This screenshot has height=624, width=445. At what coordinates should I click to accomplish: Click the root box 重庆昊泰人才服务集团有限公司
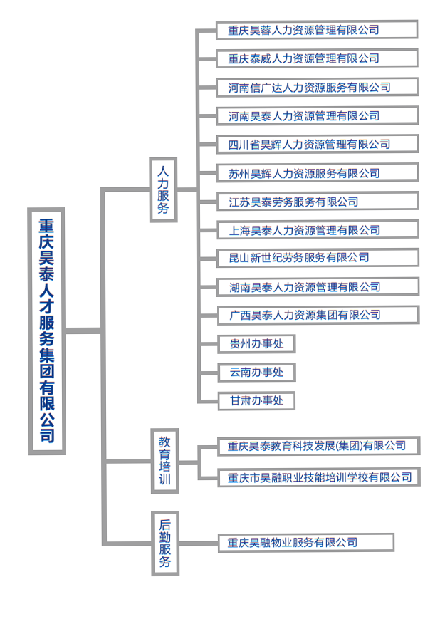coord(47,331)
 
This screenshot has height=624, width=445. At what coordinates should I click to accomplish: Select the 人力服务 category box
coord(163,189)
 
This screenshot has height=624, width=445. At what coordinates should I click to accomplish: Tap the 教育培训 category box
coord(164,461)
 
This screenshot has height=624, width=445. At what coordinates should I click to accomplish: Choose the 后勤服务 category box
coord(165,544)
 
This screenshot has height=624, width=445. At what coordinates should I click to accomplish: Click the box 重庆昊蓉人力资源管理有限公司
coord(317,30)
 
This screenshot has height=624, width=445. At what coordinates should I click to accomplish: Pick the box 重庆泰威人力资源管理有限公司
coord(317,58)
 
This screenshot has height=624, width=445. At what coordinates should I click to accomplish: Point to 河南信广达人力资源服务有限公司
coord(318,87)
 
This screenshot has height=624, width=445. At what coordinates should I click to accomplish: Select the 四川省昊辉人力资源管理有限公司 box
coord(318,144)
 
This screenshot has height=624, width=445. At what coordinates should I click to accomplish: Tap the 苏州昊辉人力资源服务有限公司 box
coord(318,172)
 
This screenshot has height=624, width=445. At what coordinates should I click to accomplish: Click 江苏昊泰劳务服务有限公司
coord(318,202)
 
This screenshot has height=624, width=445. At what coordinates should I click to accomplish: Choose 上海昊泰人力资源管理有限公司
coord(318,230)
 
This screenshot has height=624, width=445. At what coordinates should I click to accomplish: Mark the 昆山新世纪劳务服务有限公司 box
coord(318,258)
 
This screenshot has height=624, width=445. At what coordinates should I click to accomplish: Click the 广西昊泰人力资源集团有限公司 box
coord(318,315)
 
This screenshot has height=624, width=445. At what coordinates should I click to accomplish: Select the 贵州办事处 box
coord(256,344)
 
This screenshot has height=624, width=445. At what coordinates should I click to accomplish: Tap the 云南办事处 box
coord(256,373)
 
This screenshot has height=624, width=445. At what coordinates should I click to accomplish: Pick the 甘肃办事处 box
coord(256,401)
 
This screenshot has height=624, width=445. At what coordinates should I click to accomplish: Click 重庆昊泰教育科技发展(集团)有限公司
coord(319,446)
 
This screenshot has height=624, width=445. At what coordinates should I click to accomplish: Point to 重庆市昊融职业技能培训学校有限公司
coord(319,477)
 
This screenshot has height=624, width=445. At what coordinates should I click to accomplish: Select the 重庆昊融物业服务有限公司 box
coord(306,542)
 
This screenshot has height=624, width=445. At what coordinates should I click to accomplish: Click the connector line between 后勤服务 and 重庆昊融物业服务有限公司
coord(199,543)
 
